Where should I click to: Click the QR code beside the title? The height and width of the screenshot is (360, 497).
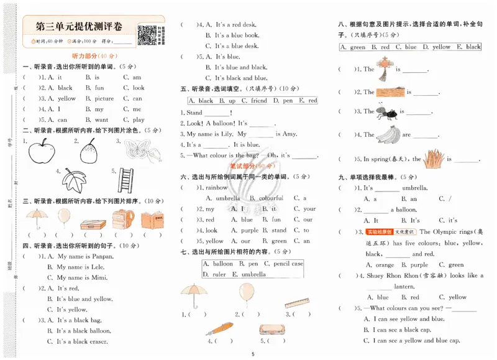147,35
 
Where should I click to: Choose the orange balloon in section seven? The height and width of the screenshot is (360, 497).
247,293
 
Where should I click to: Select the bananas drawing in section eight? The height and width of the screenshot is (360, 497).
388,133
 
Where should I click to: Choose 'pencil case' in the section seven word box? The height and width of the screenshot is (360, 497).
288,264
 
